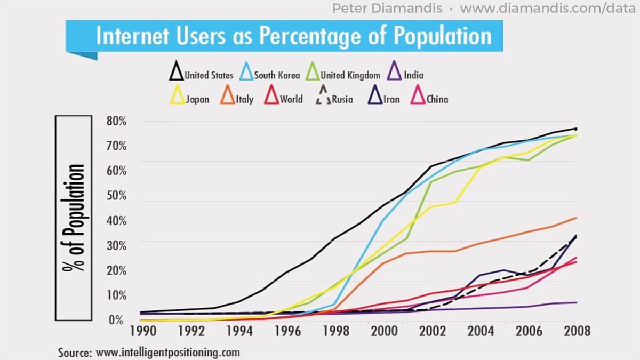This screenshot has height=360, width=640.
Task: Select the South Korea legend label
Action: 276,75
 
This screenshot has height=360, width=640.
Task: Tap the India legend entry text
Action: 414,75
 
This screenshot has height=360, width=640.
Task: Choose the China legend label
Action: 437,99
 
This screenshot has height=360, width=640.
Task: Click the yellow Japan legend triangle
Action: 177,97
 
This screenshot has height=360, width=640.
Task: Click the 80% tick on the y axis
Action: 116,121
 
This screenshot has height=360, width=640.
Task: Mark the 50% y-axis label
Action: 116,196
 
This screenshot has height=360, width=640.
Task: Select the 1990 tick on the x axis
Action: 140,331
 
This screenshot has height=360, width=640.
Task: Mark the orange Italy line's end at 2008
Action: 575,218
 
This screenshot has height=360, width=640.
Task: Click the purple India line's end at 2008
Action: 575,302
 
